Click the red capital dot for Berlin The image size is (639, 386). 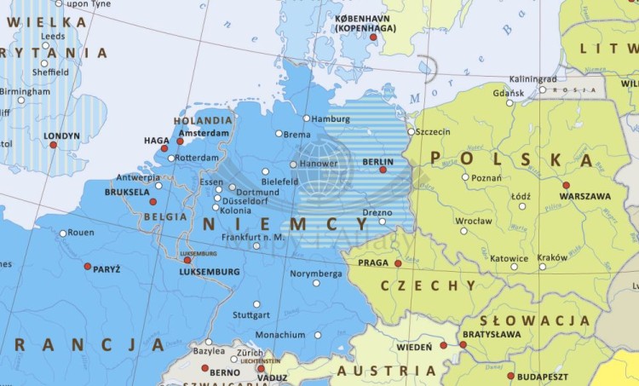(x=383, y=170)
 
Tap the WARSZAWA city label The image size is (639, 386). (x=584, y=196)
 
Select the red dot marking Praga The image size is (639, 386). (x=398, y=263)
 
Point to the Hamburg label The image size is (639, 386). (x=331, y=118)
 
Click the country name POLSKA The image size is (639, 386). (x=511, y=158)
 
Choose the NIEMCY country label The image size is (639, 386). (x=285, y=224)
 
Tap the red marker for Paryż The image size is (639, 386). (x=87, y=266)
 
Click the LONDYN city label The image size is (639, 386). (x=61, y=135)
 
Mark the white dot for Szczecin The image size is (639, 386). (x=411, y=131)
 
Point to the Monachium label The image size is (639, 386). (x=279, y=335)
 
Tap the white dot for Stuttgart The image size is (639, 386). (x=256, y=303)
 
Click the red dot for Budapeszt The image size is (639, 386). (x=511, y=375)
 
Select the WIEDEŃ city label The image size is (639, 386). (x=415, y=348)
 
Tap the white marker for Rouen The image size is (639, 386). (x=63, y=233)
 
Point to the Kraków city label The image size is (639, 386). (x=552, y=257)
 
